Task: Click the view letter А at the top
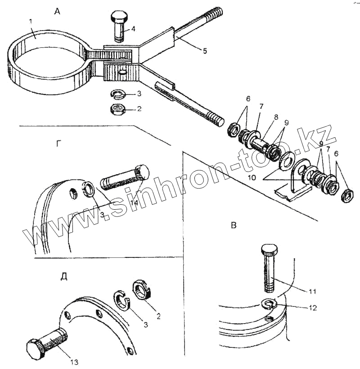coord(57,12)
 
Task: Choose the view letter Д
coord(64,276)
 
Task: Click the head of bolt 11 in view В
coord(269,248)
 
